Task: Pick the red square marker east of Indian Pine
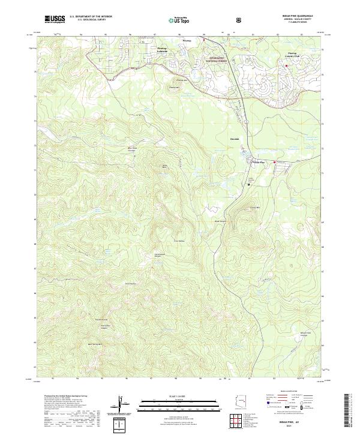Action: (x=275, y=162)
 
